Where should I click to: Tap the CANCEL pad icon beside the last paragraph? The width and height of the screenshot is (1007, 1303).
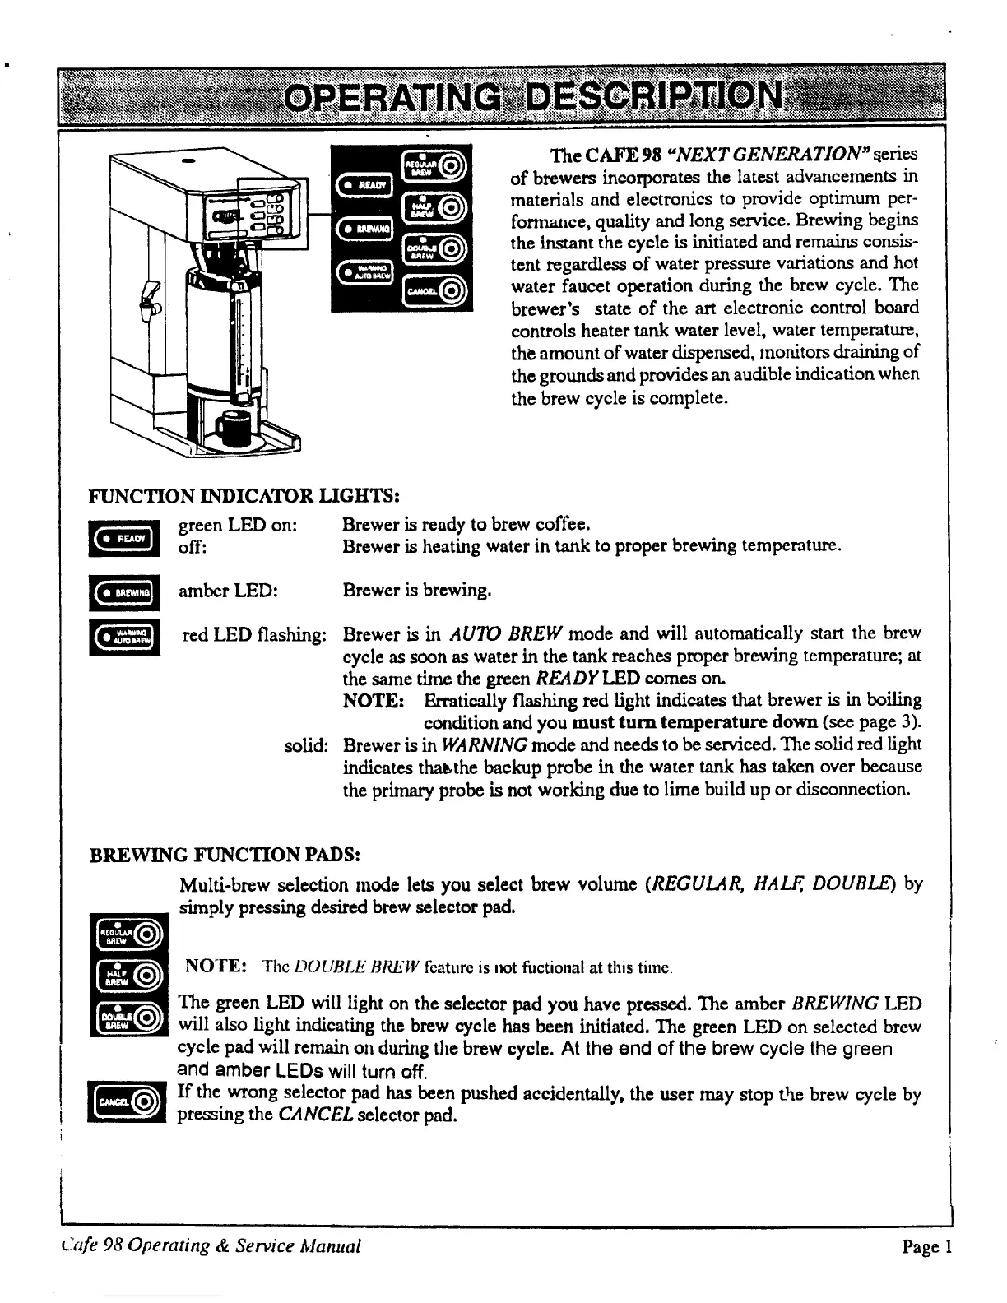127,1101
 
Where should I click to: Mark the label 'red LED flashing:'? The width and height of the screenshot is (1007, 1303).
254,635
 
